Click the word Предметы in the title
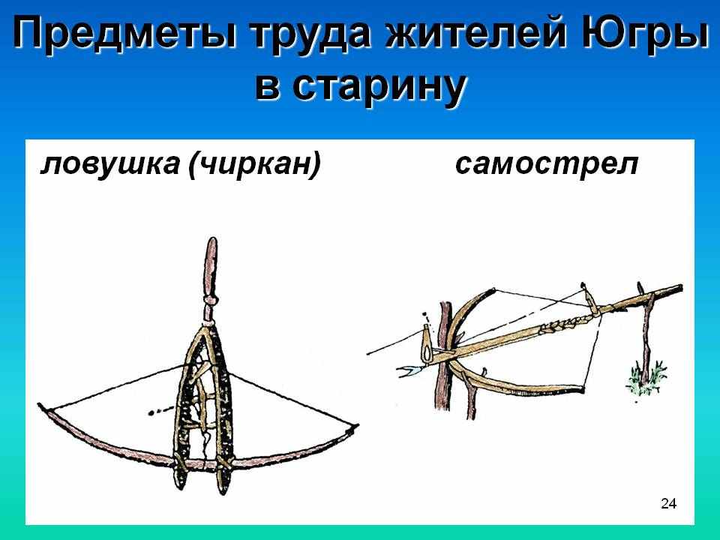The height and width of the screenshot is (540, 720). [124, 35]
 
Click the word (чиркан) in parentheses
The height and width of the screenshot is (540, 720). [254, 163]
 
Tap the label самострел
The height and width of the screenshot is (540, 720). [547, 164]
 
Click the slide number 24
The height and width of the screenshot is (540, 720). [668, 504]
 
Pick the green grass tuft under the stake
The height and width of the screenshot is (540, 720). [646, 378]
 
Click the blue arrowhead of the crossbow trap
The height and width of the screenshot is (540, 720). [409, 370]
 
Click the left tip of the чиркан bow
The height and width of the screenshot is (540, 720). [40, 406]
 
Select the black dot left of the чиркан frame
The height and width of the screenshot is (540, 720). [151, 412]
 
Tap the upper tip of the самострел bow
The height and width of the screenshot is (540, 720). [493, 289]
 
